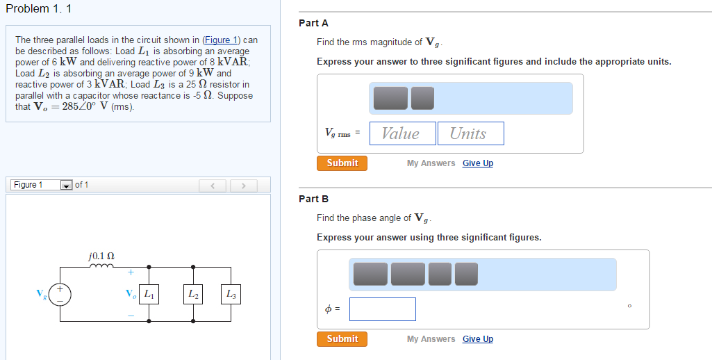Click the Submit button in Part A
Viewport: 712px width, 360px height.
342,163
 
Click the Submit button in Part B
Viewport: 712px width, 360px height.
342,339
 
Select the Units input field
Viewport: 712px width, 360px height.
470,133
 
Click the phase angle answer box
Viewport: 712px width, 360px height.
383,309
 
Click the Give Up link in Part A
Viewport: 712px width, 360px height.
478,163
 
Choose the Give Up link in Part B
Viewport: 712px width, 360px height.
478,339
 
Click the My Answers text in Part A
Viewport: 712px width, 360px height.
431,163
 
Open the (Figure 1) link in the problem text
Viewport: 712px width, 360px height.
220,40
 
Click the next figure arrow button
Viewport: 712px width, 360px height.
244,186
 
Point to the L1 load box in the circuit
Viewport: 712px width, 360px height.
149,295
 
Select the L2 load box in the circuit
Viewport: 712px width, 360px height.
193,295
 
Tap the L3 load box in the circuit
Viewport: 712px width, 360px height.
231,295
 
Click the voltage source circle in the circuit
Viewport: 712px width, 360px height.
60,294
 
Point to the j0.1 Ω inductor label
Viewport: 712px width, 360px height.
102,256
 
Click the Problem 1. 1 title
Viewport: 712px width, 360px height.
38,9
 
